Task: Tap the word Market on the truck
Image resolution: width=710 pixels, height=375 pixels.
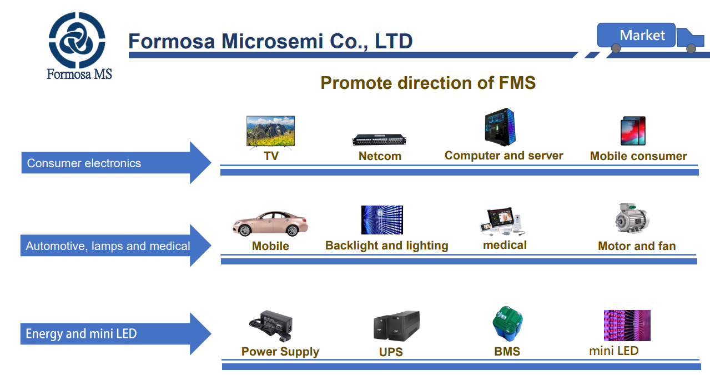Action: point(642,36)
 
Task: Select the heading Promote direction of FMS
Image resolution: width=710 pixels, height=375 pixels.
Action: point(428,83)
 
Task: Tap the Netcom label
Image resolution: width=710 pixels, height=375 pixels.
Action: point(380,156)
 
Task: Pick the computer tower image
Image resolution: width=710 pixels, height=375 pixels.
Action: point(499,127)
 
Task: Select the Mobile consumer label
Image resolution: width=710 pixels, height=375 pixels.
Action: point(638,156)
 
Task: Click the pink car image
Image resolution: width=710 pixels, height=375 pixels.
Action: point(270,223)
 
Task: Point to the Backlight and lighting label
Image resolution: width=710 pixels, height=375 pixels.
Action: point(386,246)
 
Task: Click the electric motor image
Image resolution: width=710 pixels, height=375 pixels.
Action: point(632,218)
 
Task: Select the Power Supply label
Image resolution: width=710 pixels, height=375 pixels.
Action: point(280,352)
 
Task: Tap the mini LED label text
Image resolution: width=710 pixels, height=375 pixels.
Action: point(613,351)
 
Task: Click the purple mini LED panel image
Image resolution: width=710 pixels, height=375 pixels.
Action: point(627,326)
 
